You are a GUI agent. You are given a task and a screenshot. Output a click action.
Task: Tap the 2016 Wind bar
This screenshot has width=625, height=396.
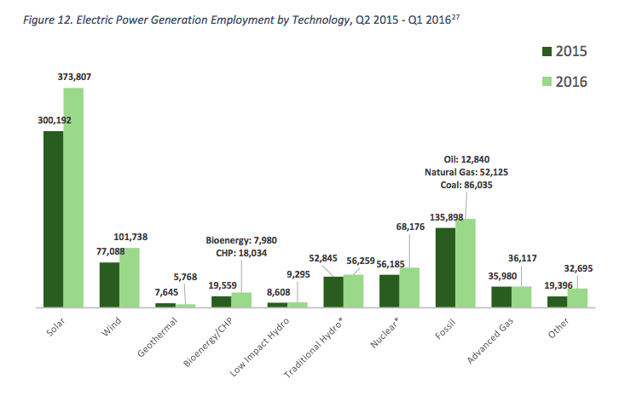tap(129, 278)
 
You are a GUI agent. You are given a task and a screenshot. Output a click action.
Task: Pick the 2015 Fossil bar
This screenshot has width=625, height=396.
tap(445, 267)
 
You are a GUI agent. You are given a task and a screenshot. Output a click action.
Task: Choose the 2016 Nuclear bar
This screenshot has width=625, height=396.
tap(409, 288)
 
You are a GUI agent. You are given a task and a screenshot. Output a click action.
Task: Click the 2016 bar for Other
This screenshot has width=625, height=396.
tap(577, 298)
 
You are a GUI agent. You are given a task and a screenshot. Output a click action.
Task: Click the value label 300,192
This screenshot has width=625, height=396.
tap(54, 121)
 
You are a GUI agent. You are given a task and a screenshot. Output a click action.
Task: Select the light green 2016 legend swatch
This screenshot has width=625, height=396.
tap(547, 81)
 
